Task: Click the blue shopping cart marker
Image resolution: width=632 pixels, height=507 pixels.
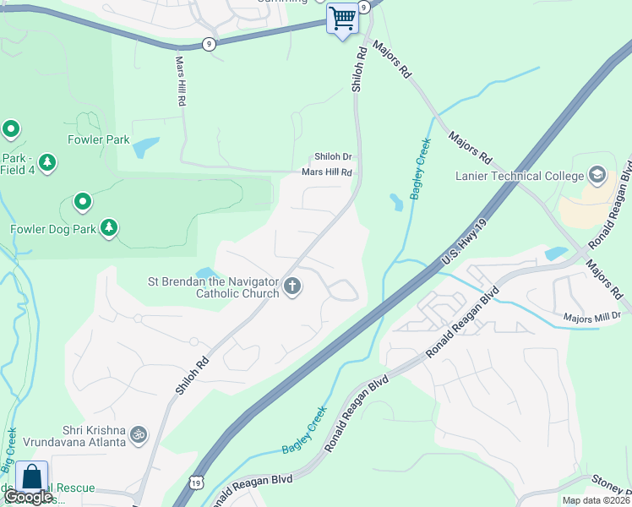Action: point(342,18)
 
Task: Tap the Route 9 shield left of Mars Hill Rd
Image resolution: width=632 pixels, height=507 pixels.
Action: point(209,43)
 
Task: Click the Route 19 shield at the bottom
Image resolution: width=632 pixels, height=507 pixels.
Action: point(196,482)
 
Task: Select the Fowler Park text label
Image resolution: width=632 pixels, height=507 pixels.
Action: point(100,139)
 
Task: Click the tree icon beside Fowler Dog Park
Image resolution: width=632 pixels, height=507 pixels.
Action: point(109,227)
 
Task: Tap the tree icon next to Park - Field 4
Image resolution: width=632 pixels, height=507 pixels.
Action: point(47,161)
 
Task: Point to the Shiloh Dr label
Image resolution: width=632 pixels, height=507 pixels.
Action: point(333,157)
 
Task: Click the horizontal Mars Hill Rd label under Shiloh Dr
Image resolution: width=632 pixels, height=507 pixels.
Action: point(326,172)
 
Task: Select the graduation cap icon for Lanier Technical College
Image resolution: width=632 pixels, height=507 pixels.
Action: point(597,175)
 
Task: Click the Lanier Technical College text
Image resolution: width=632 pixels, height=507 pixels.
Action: point(519,176)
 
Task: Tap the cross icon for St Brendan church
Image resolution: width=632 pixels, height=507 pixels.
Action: point(292,286)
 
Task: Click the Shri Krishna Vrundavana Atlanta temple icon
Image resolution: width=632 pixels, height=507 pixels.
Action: point(139,435)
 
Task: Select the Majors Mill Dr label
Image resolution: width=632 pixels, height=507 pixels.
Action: point(592,317)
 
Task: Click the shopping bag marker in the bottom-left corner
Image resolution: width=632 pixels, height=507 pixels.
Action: point(32,477)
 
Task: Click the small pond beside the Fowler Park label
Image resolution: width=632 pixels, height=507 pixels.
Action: point(145,147)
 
